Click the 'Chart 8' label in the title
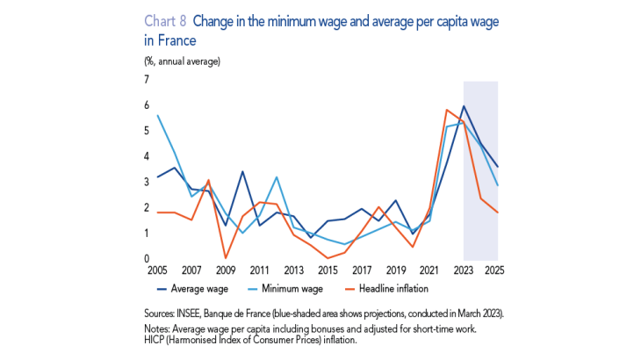[163, 21]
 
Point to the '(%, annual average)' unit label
[182, 61]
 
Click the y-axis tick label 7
[147, 80]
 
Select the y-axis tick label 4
[147, 156]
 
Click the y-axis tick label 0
[147, 259]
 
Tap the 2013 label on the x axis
[293, 270]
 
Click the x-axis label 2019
[396, 270]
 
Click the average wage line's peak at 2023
[464, 106]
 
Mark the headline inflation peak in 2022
[447, 110]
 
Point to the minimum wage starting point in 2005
[157, 115]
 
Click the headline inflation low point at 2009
[225, 258]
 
